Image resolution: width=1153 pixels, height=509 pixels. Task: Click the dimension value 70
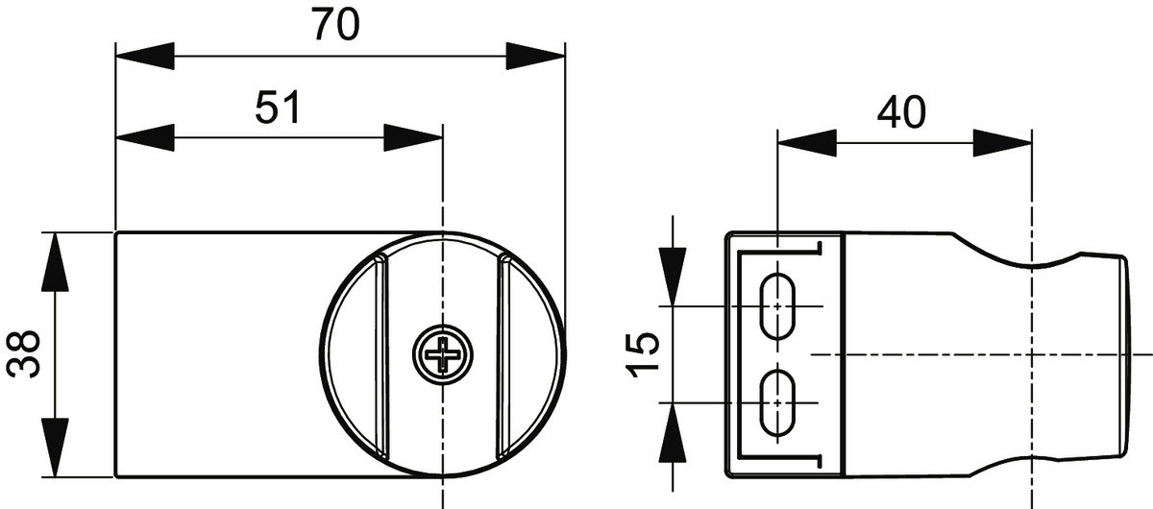pos(335,24)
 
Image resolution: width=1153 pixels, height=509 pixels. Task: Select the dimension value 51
pos(278,107)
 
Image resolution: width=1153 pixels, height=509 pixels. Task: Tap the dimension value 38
pos(23,354)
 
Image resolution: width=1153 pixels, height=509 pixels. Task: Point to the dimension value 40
pos(901,111)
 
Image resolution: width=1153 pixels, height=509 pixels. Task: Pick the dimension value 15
pos(642,354)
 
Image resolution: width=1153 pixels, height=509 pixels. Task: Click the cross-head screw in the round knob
pos(443,354)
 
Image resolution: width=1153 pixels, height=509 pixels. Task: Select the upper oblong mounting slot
pos(777,306)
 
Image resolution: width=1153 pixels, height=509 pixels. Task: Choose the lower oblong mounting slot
pos(777,402)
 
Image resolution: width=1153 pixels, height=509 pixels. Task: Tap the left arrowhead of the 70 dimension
pos(145,56)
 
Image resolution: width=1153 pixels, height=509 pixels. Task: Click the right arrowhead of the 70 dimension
pos(536,56)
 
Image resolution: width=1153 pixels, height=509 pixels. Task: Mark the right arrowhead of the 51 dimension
pos(413,137)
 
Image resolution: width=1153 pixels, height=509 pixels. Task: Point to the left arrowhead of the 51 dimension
pos(145,137)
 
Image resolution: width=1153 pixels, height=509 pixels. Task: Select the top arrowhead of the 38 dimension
pos(55,262)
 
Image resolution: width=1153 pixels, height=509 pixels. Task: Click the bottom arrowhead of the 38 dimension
pos(55,448)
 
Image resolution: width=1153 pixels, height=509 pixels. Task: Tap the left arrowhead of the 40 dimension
pos(807,143)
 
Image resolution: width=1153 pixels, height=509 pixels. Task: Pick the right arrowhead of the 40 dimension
pos(1003,143)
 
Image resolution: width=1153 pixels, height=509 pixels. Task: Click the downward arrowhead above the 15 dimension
pos(673,277)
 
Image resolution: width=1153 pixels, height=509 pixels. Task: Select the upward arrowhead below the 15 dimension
pos(673,432)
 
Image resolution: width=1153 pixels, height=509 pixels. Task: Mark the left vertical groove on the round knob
pos(380,355)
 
